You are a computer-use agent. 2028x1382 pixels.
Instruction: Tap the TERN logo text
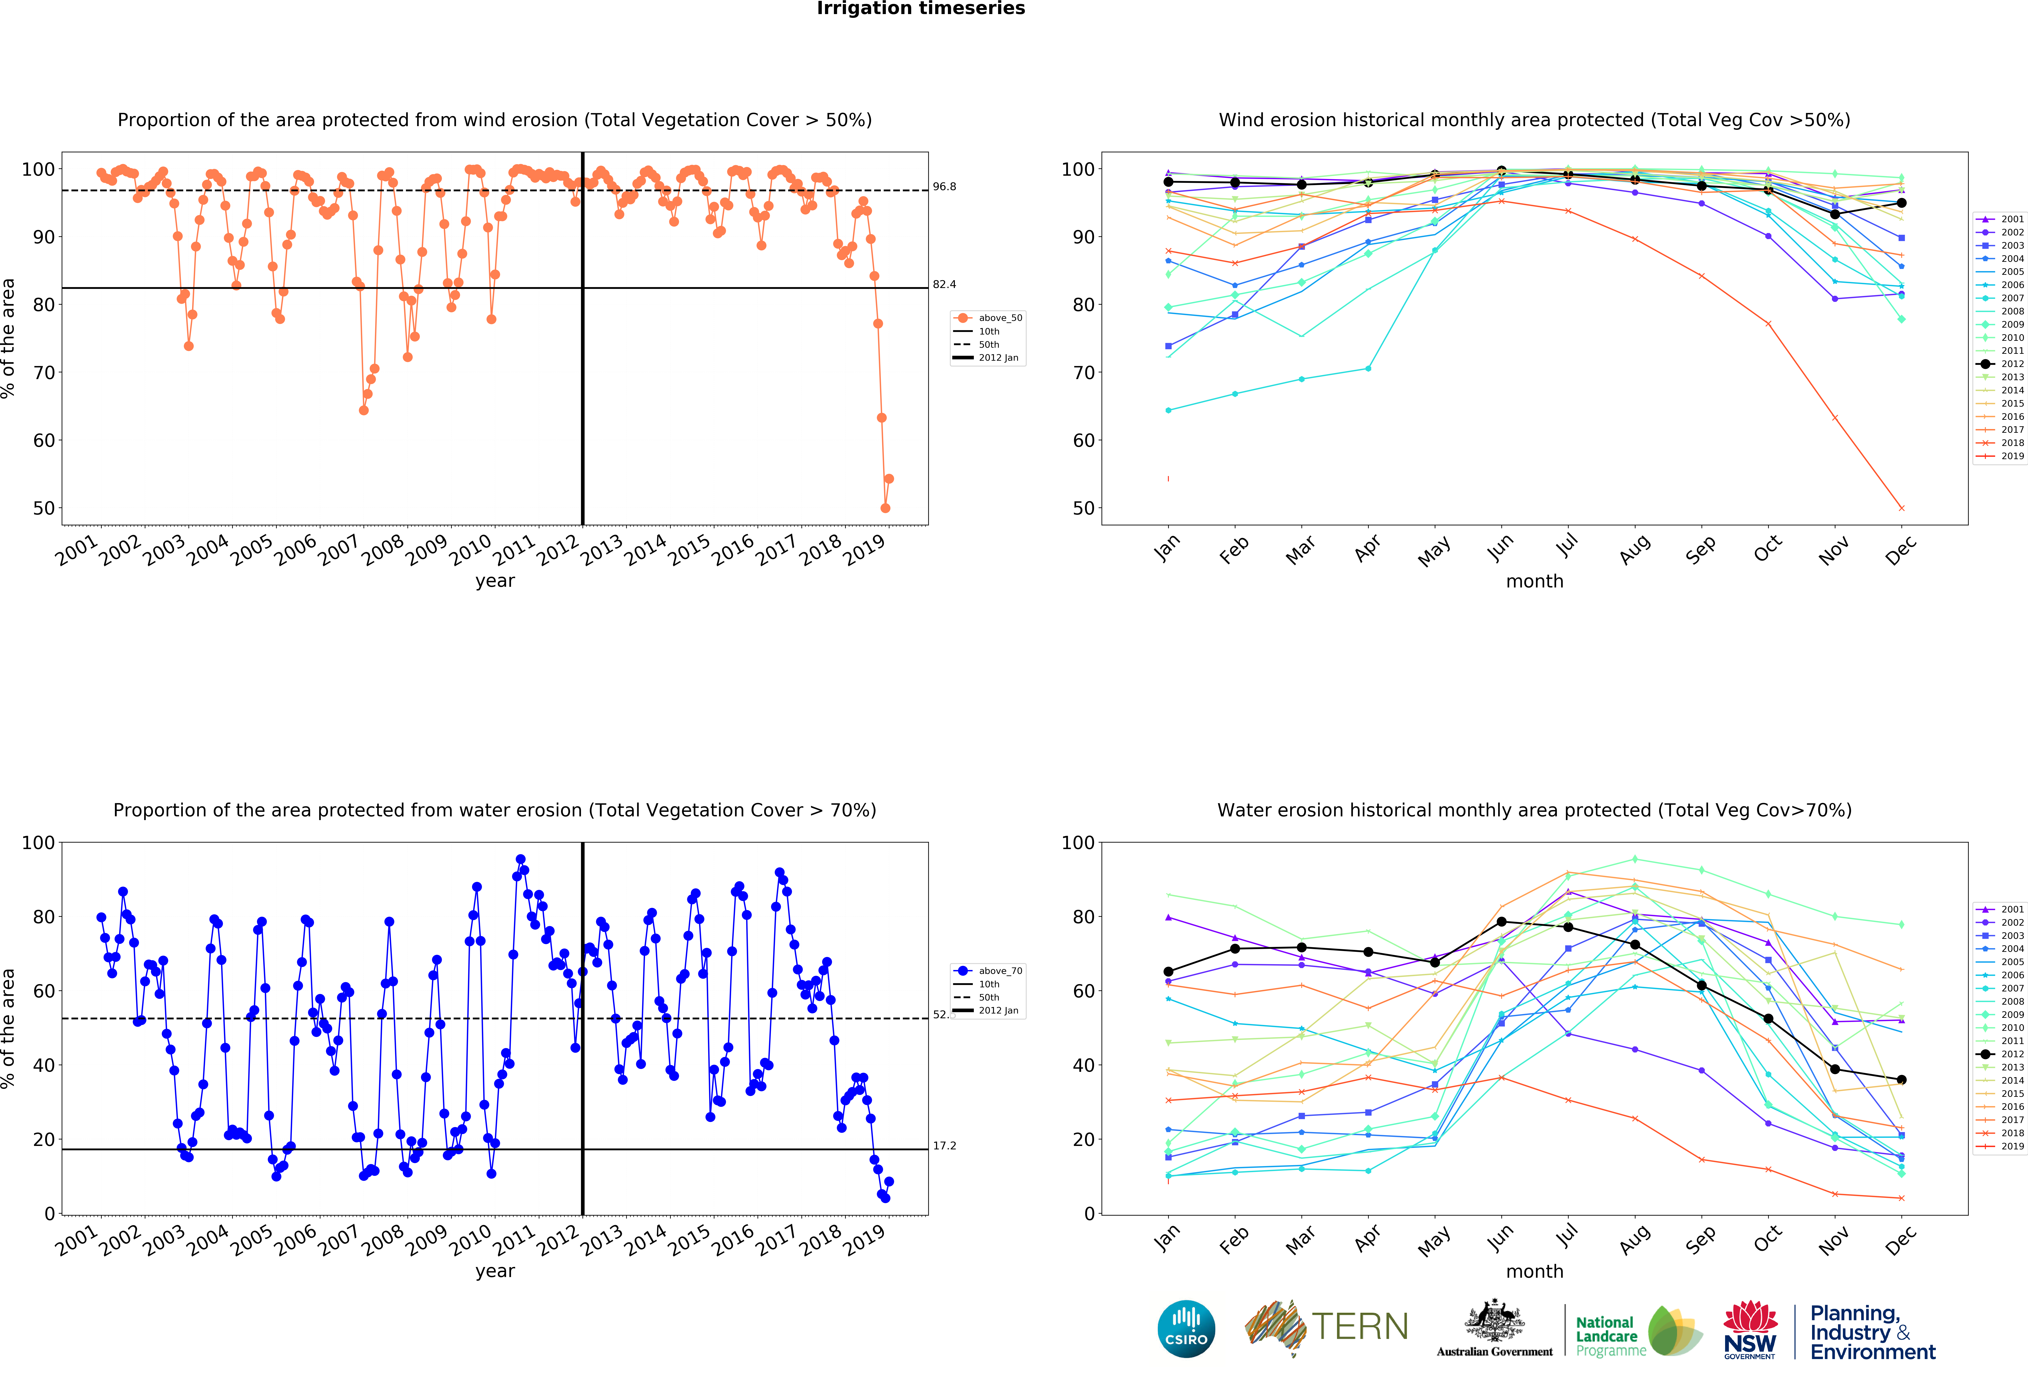coord(1360,1327)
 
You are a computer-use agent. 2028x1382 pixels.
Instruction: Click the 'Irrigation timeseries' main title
coord(921,9)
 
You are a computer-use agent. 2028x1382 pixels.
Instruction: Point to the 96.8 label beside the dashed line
coord(944,187)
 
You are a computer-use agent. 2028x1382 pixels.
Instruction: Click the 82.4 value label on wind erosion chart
coord(944,284)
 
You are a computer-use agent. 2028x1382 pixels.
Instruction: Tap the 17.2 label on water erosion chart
coord(944,1145)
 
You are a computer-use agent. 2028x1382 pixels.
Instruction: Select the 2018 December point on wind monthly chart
coord(1901,508)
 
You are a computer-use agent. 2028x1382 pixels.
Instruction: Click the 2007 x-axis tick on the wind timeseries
coord(339,550)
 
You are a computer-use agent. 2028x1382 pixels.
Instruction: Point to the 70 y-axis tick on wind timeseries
coord(44,373)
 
